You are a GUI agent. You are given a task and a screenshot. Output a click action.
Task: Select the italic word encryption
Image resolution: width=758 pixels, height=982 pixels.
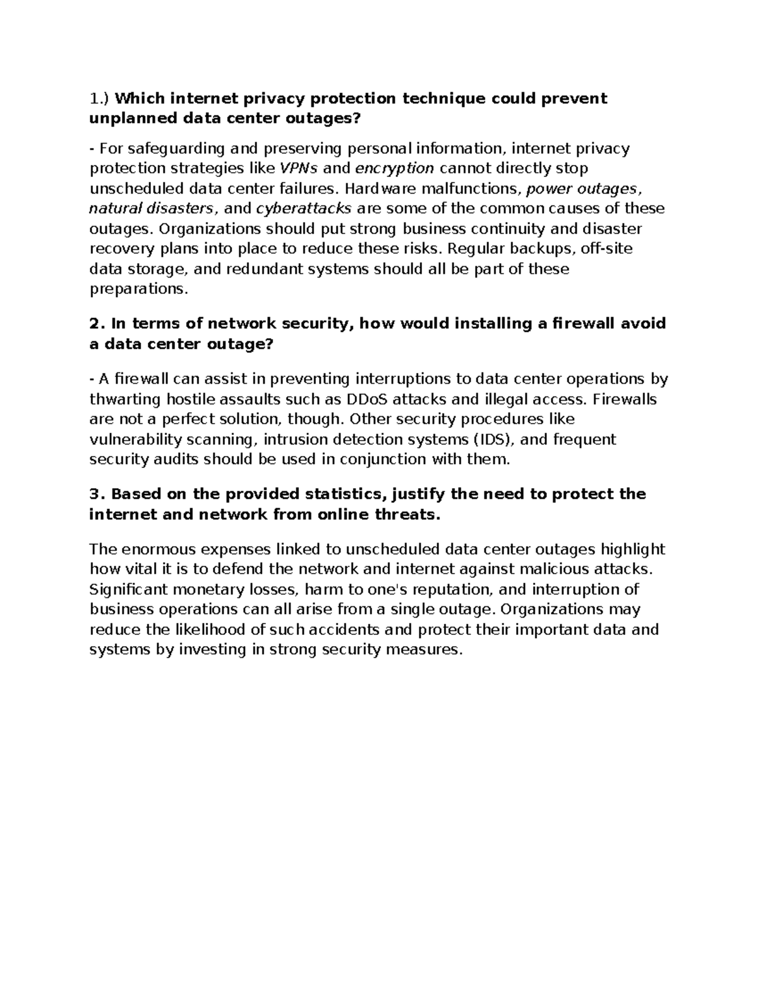395,168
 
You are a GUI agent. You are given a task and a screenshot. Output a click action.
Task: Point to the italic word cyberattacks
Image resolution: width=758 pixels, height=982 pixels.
304,209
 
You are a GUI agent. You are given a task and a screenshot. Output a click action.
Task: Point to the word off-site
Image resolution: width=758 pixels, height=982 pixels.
606,249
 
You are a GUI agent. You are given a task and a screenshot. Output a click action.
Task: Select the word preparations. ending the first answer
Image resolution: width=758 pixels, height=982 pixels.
139,290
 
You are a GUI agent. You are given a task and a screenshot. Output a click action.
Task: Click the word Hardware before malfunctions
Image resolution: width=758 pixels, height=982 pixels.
381,188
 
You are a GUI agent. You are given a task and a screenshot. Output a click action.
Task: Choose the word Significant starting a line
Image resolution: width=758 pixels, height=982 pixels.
128,590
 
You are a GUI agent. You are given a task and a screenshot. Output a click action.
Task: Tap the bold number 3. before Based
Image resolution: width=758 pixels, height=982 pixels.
96,494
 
